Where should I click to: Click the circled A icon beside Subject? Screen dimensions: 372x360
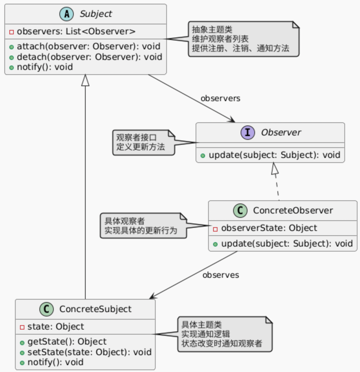(x=66, y=14)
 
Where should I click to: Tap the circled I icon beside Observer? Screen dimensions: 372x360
(x=247, y=133)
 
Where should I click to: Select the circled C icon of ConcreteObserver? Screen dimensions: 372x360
(x=240, y=211)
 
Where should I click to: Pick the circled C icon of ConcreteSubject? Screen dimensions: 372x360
(x=46, y=309)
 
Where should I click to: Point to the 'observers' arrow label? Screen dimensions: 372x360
(x=220, y=99)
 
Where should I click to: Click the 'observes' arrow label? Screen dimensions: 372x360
(x=221, y=275)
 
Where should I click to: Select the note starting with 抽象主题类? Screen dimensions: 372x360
(x=243, y=39)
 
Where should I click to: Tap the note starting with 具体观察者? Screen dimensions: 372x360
(x=143, y=226)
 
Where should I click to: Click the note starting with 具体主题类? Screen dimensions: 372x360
(x=224, y=334)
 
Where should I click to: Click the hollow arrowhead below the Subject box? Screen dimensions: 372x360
(x=85, y=80)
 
